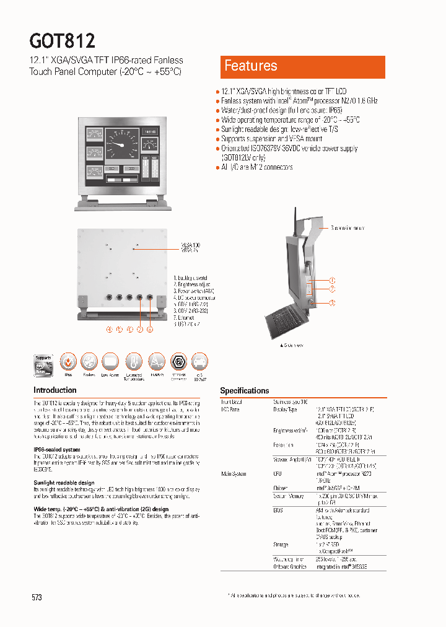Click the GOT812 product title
63,41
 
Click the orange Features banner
302,67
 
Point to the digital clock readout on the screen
150,132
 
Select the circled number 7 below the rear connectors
140,329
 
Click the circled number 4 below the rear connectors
110,329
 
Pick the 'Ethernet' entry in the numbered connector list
185,318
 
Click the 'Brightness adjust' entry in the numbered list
191,284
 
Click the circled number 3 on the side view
332,302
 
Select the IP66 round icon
68,362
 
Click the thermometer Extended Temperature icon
133,362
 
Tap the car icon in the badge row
199,362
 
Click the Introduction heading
55,390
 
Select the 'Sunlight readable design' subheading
64,482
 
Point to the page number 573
37,597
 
